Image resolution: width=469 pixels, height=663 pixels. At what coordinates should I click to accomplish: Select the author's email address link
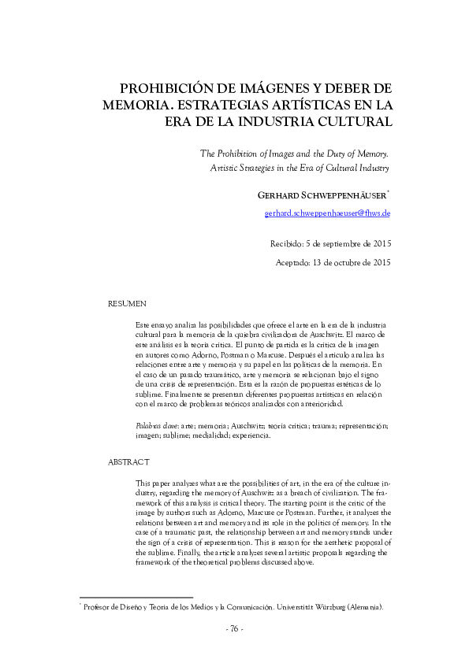pos(327,213)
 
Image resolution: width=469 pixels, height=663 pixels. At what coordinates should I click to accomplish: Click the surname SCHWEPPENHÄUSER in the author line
pos(340,195)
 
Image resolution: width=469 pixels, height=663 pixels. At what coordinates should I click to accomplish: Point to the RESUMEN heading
pos(126,302)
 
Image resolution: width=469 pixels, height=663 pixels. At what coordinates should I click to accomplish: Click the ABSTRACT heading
pos(128,461)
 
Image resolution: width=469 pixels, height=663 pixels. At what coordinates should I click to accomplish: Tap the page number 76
pos(235,628)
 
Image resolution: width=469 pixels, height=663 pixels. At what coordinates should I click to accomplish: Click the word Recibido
pos(288,243)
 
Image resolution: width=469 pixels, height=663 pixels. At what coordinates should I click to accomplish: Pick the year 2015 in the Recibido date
pos(378,243)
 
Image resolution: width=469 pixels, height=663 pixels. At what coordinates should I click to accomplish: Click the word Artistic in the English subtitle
pos(225,168)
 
